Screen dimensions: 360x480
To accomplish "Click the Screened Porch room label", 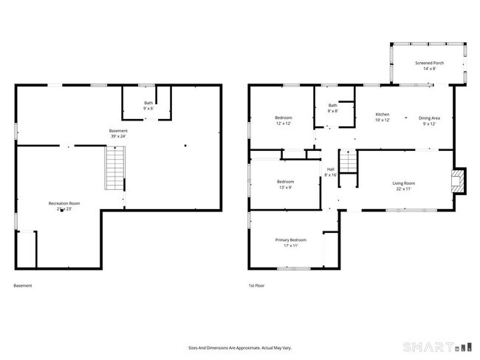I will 428,63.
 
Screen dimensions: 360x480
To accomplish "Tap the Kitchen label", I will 382,115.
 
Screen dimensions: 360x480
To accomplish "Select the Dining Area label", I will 429,118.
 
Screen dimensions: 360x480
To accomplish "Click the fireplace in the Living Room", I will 459,181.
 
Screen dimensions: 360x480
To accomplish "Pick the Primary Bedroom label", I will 291,240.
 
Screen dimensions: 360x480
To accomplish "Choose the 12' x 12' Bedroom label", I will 284,118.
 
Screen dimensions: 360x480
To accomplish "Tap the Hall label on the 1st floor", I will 330,169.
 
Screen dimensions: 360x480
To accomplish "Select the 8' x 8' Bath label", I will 332,106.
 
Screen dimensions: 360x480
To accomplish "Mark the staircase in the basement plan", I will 115,169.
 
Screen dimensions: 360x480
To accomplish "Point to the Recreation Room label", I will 64,203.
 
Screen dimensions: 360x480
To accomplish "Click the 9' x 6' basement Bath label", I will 148,103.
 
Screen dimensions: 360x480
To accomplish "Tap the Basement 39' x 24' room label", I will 118,132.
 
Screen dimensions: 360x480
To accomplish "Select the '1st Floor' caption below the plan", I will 257,285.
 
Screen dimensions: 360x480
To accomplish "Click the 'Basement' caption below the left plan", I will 23,285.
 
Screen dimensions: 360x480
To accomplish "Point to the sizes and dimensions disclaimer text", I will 239,346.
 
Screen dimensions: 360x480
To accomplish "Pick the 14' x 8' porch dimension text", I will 428,68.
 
